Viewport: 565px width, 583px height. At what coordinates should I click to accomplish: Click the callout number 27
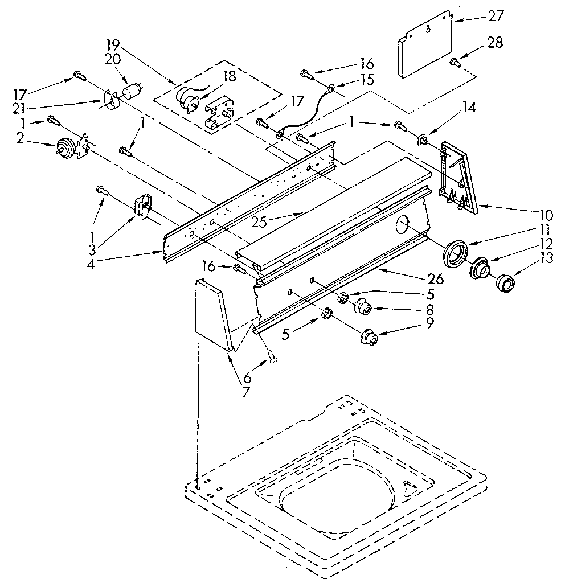(496, 16)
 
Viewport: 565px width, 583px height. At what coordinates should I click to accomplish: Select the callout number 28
(496, 43)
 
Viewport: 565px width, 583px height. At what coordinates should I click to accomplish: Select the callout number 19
(113, 43)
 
